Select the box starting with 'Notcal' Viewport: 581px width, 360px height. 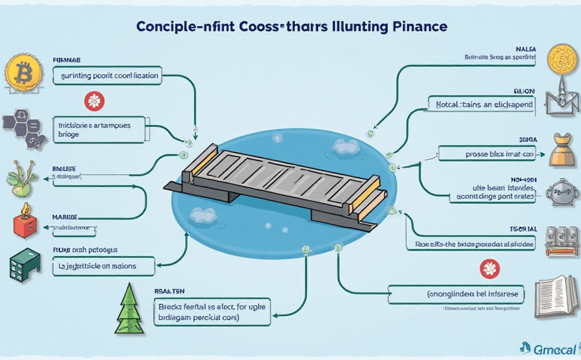tap(482, 104)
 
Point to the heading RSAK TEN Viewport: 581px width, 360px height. tap(171, 291)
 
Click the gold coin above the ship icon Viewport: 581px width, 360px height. tap(560, 59)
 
